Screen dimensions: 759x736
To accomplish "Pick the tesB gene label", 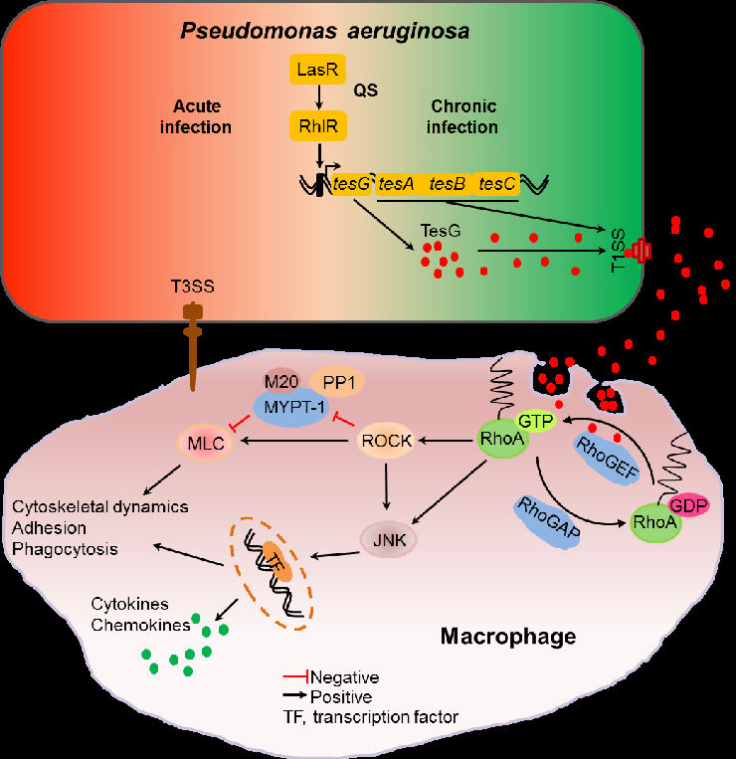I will click(447, 184).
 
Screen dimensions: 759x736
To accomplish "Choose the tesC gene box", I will click(495, 184).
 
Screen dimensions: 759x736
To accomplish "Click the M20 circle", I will click(280, 382).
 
